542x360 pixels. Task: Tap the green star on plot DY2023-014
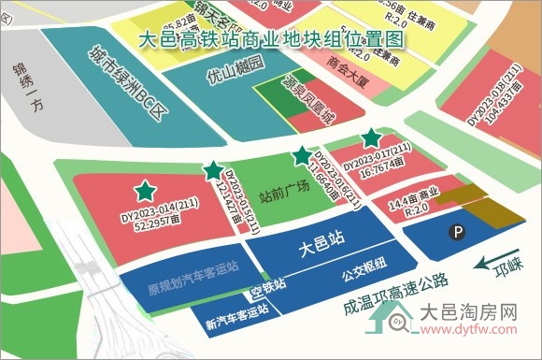coord(145,192)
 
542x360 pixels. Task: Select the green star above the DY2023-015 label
coord(213,171)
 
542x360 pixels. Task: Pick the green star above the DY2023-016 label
coord(301,156)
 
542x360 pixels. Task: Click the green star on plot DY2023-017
coord(372,137)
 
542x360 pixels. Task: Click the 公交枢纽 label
coord(364,272)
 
